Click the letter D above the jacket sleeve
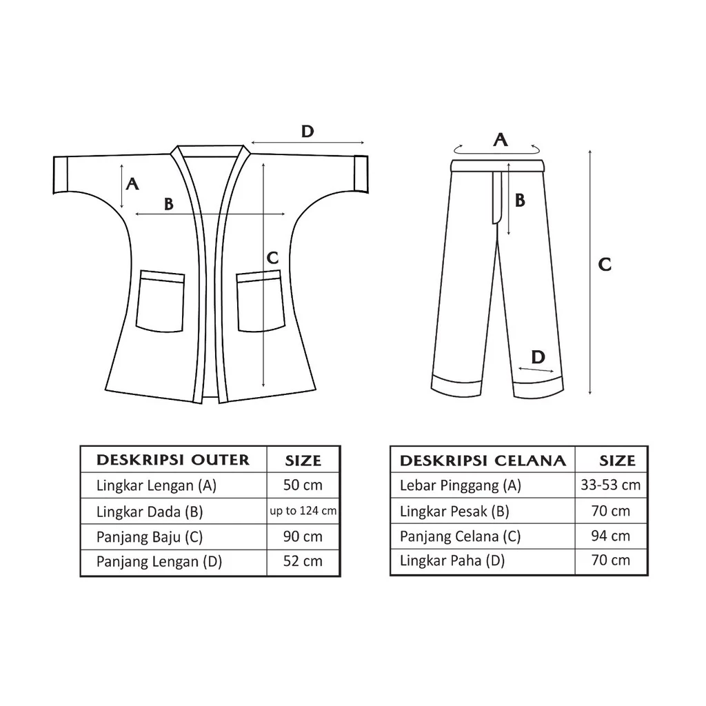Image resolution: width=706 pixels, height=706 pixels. click(x=307, y=132)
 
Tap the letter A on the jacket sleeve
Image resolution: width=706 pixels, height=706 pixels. click(x=132, y=183)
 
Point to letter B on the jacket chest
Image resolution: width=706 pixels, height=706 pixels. click(x=169, y=204)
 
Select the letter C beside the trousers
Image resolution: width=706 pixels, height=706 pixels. click(x=605, y=264)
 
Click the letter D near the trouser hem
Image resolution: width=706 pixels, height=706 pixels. click(x=538, y=357)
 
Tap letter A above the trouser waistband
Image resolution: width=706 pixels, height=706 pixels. click(x=501, y=139)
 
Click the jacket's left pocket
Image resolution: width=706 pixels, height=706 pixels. click(x=161, y=301)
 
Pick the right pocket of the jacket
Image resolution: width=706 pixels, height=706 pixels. click(x=261, y=301)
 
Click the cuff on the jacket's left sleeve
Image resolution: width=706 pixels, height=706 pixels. click(x=61, y=174)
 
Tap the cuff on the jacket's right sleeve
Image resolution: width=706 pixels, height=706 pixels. click(x=361, y=174)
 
